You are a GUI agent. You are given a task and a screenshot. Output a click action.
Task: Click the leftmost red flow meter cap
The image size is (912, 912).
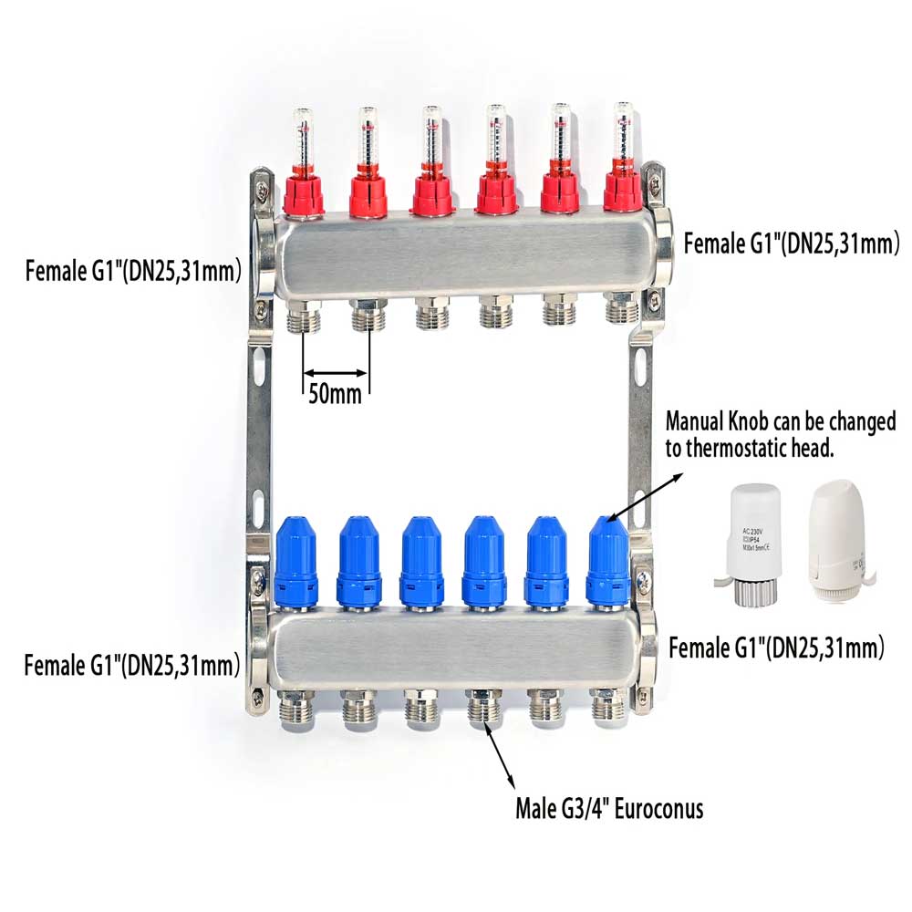point(303,194)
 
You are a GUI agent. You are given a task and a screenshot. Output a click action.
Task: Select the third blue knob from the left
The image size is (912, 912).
point(421,562)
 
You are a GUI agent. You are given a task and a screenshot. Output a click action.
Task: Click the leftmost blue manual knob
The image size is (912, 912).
point(295,562)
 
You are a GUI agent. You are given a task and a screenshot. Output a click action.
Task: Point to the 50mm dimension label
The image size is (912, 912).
point(335,395)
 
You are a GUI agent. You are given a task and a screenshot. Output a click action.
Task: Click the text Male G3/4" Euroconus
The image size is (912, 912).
point(609,807)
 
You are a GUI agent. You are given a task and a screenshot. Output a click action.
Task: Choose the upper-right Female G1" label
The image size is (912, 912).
point(792,243)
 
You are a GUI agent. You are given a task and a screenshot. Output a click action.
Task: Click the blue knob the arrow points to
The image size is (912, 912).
point(607,562)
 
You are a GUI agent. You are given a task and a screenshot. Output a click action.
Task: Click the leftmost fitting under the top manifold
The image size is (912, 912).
point(303,316)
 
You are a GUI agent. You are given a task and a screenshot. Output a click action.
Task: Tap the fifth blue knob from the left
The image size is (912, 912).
point(545,562)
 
